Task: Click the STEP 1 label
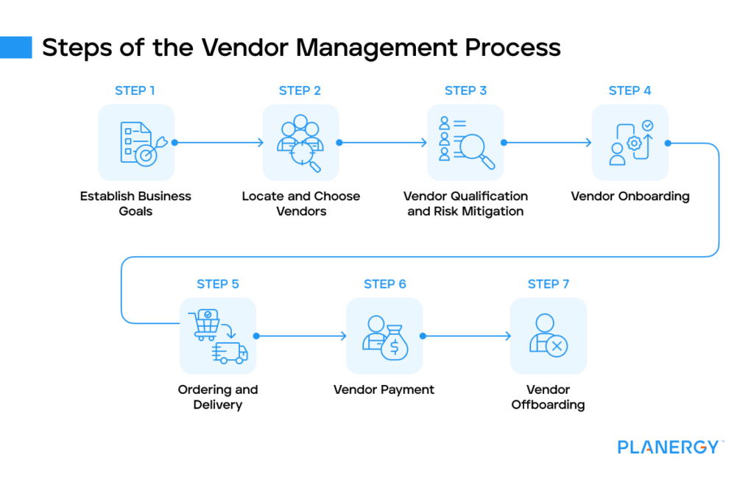click(135, 91)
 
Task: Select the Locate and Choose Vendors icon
click(300, 143)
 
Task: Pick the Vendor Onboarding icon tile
click(630, 143)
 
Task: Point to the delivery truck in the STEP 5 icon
click(231, 353)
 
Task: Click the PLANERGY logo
click(669, 447)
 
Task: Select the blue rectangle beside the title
click(16, 48)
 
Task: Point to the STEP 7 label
click(549, 284)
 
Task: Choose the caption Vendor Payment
click(384, 389)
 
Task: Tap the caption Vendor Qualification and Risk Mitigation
click(465, 204)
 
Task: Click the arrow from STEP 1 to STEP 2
click(219, 143)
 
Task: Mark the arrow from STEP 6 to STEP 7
click(468, 336)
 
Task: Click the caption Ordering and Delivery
click(218, 397)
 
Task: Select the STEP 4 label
click(630, 91)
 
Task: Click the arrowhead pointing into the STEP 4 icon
click(589, 143)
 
